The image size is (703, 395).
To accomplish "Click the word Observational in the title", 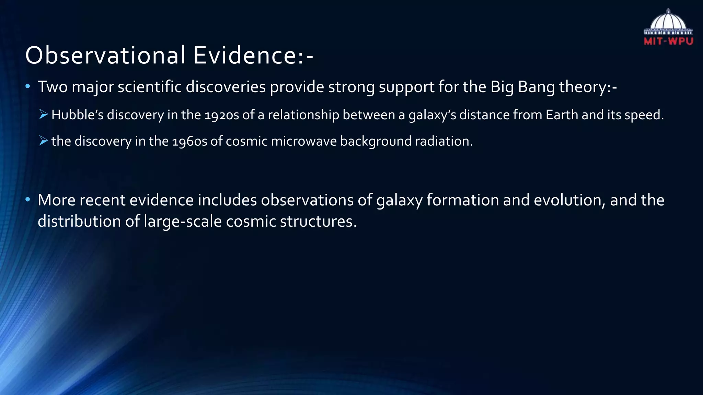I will [105, 56].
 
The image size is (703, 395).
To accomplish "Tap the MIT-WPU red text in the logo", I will [668, 41].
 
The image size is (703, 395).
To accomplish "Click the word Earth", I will [562, 115].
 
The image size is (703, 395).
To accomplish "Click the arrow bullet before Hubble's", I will [43, 115].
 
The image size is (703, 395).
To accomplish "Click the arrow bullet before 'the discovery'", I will [43, 141].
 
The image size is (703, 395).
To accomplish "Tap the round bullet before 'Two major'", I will [28, 86].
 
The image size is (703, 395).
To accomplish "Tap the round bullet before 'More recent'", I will [28, 199].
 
